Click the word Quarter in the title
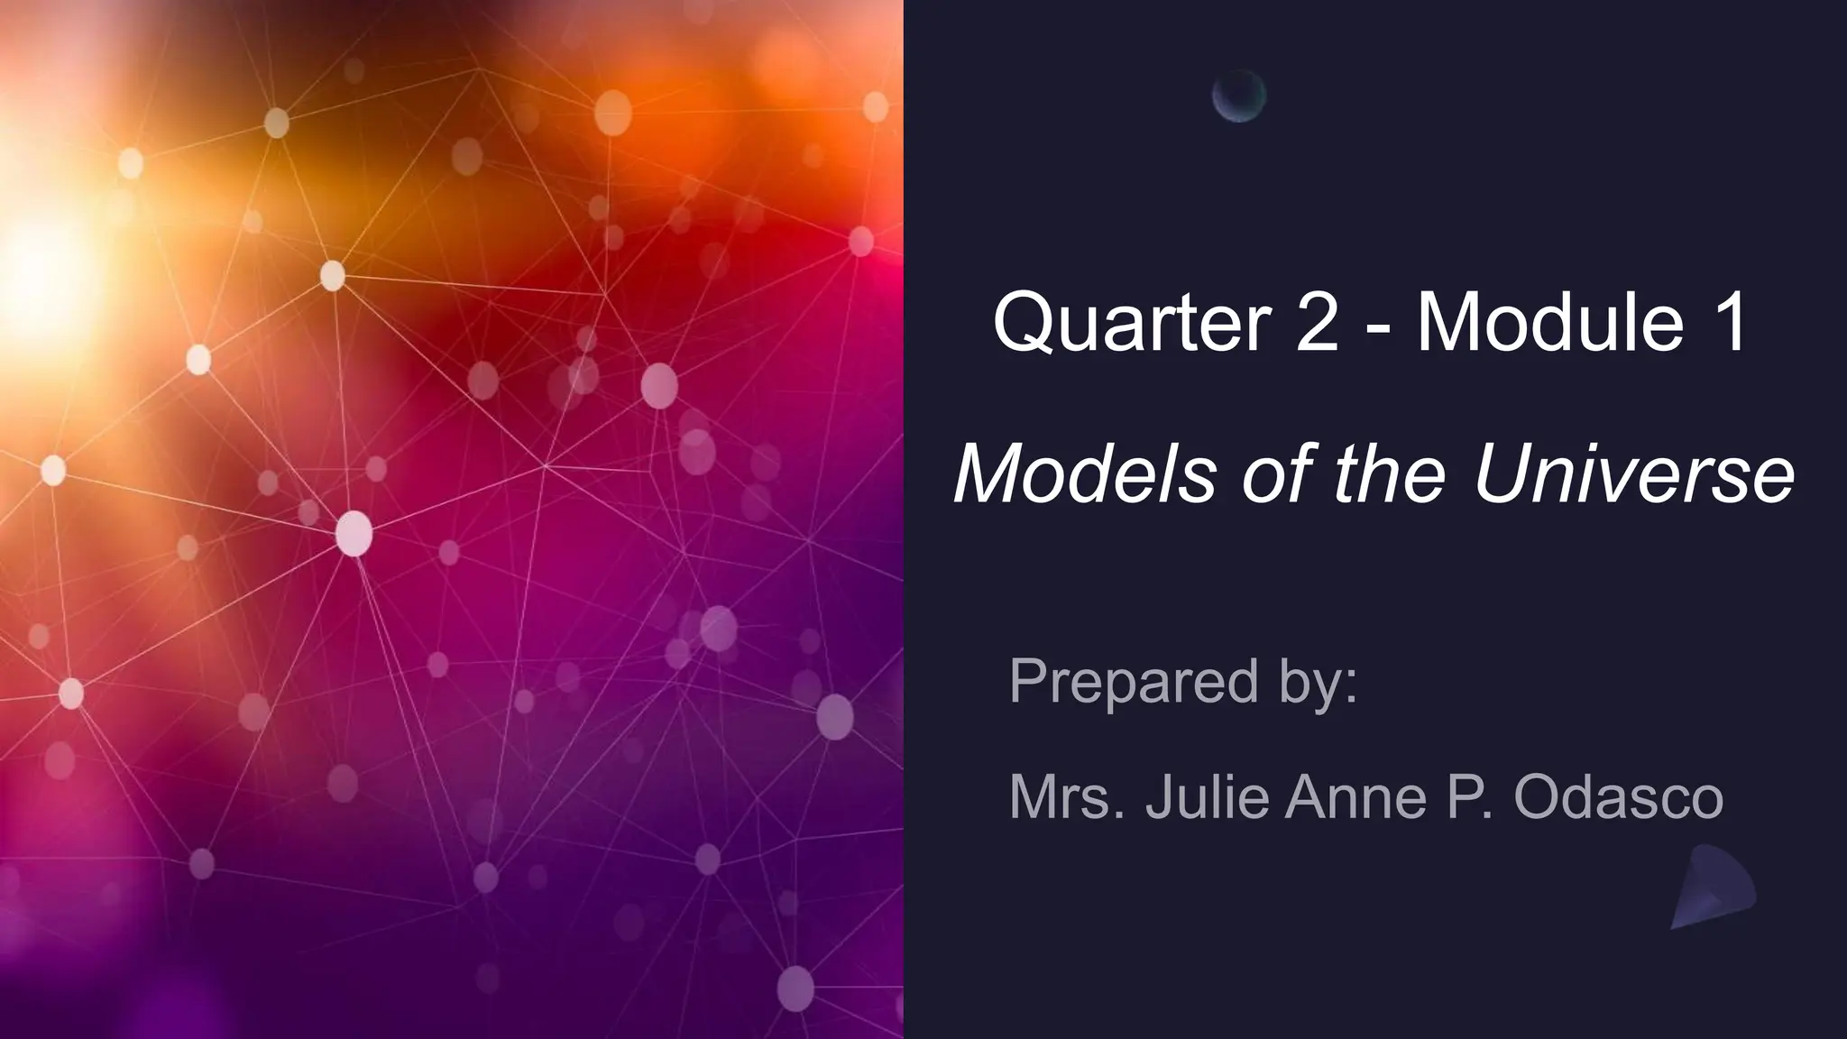1133,322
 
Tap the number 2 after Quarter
1317,322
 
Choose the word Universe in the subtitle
1633,474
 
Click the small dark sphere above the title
1239,96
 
